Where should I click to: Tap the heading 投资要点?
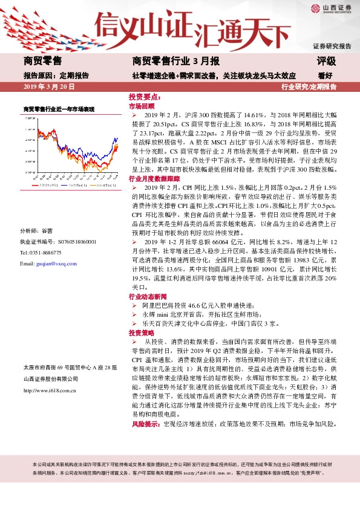(x=143, y=97)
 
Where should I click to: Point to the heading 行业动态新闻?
(x=148, y=297)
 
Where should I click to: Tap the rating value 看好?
(x=325, y=76)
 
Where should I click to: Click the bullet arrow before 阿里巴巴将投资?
(x=134, y=306)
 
